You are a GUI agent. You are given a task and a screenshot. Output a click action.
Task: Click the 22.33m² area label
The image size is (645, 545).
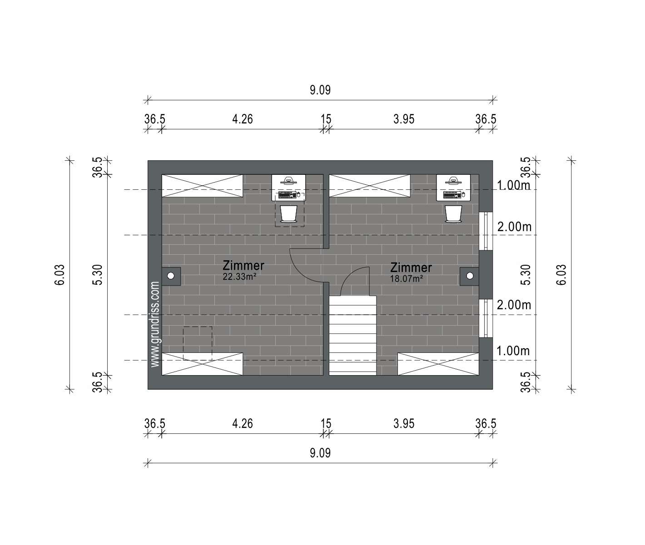tap(239, 277)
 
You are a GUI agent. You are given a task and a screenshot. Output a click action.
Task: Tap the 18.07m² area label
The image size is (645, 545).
tap(406, 279)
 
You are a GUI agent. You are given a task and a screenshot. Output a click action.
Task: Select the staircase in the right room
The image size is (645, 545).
tap(352, 336)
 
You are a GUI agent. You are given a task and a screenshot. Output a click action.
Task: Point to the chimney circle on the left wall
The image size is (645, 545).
tap(170, 276)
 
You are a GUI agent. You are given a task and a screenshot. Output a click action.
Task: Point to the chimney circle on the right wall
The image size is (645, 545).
tap(470, 276)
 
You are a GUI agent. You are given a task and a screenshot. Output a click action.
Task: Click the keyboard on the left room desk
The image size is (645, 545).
tap(287, 195)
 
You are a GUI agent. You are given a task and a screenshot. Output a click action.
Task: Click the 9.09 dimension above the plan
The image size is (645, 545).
tap(320, 90)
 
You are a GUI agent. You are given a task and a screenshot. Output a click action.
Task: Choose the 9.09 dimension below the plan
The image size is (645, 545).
tap(320, 453)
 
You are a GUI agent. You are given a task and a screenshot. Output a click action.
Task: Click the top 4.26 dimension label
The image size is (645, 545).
tap(243, 119)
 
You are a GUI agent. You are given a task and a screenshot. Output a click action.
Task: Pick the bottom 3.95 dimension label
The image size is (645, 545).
tap(404, 424)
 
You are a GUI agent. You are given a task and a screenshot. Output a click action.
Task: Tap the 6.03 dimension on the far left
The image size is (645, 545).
tap(60, 275)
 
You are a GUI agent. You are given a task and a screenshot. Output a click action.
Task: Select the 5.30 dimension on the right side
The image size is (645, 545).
tap(526, 275)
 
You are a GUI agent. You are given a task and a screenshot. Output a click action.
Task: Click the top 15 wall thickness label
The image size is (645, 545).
tap(326, 119)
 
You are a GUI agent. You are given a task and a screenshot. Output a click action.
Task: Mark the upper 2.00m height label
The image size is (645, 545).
tap(514, 227)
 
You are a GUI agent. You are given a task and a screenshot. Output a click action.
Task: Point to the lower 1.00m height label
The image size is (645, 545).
tap(513, 351)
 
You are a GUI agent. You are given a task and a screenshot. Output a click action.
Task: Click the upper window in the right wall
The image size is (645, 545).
tap(486, 231)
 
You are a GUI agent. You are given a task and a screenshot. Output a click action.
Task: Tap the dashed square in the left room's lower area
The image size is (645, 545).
tap(198, 343)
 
